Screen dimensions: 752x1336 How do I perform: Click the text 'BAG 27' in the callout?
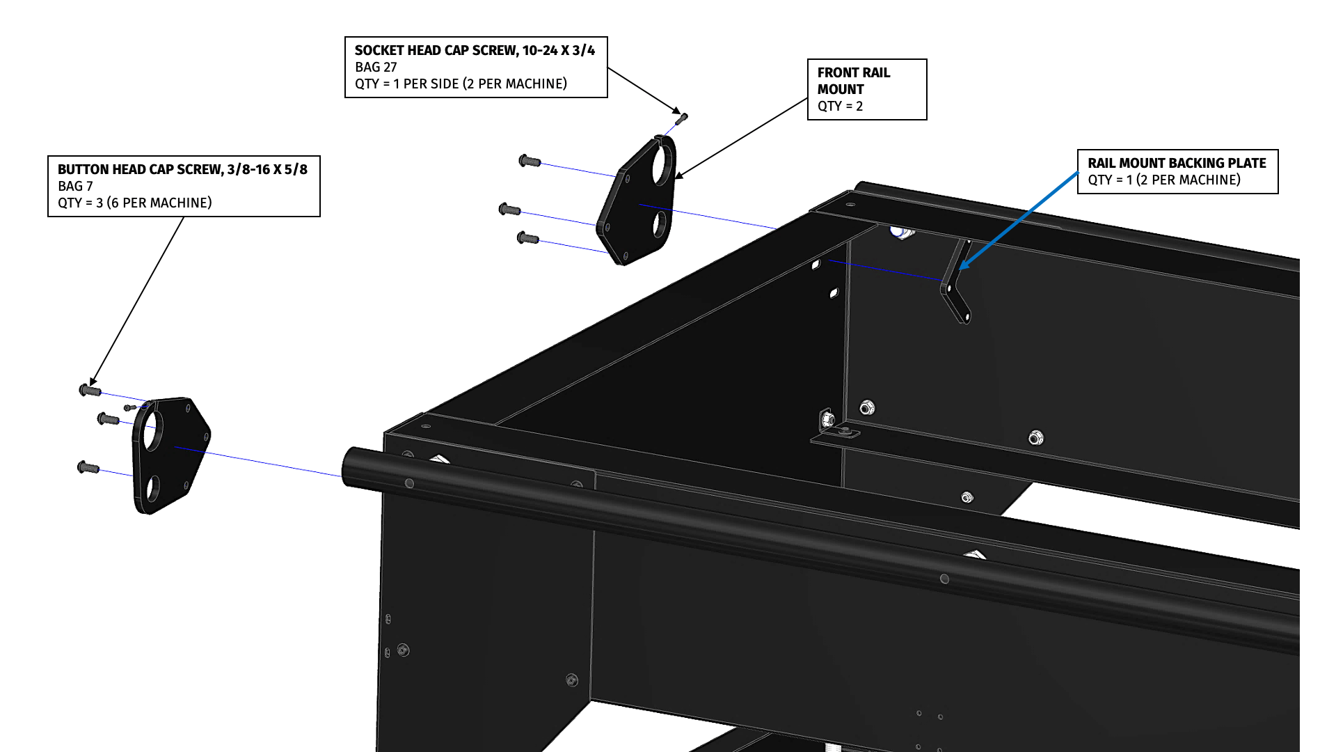tap(376, 67)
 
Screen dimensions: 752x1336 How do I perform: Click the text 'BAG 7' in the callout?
tap(75, 186)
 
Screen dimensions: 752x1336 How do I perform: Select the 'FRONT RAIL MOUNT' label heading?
tap(853, 81)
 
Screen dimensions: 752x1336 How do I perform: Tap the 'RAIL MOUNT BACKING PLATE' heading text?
tap(1177, 163)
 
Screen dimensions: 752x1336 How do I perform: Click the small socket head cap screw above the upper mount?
tap(682, 118)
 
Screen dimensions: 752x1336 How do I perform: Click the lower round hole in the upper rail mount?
tap(658, 224)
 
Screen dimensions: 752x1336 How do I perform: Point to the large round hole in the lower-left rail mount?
tap(152, 431)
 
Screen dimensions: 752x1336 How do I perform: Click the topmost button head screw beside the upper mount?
tap(530, 161)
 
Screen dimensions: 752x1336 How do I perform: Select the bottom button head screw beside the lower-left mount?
tap(88, 467)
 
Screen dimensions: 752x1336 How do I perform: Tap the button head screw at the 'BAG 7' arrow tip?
tap(90, 391)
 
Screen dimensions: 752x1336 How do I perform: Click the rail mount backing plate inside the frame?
tap(956, 285)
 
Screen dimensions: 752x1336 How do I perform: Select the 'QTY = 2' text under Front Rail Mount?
tap(840, 106)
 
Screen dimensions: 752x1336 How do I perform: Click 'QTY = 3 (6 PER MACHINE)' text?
tap(134, 203)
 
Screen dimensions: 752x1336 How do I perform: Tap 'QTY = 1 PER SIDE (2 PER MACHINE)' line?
tap(461, 84)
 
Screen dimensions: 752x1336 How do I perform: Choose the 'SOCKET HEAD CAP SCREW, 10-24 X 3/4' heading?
tap(475, 50)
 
